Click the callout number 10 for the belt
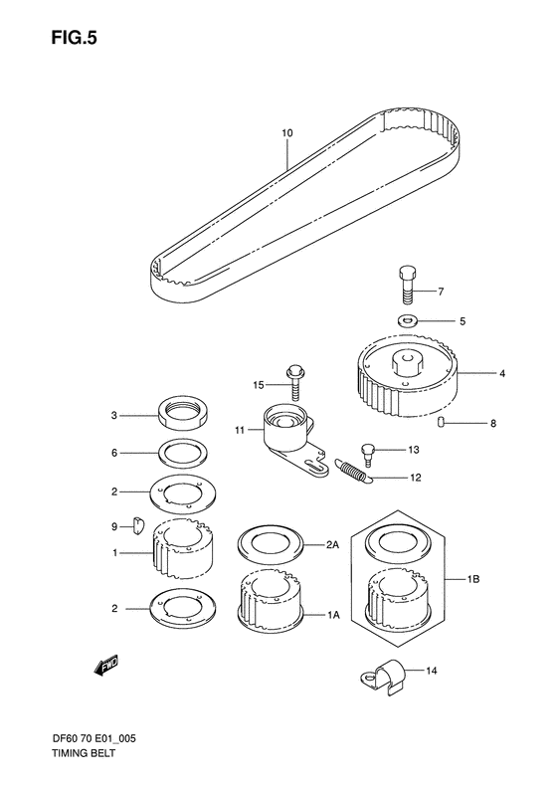point(286,132)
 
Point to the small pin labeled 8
point(453,425)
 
